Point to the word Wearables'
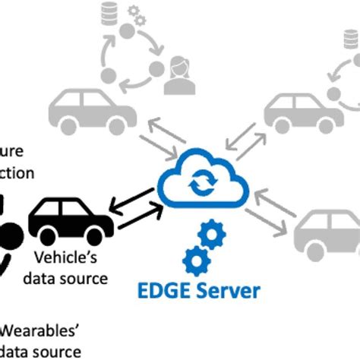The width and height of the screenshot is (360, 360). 42,330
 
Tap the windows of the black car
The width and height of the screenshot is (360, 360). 68,206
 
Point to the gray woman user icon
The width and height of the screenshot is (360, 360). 179,69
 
